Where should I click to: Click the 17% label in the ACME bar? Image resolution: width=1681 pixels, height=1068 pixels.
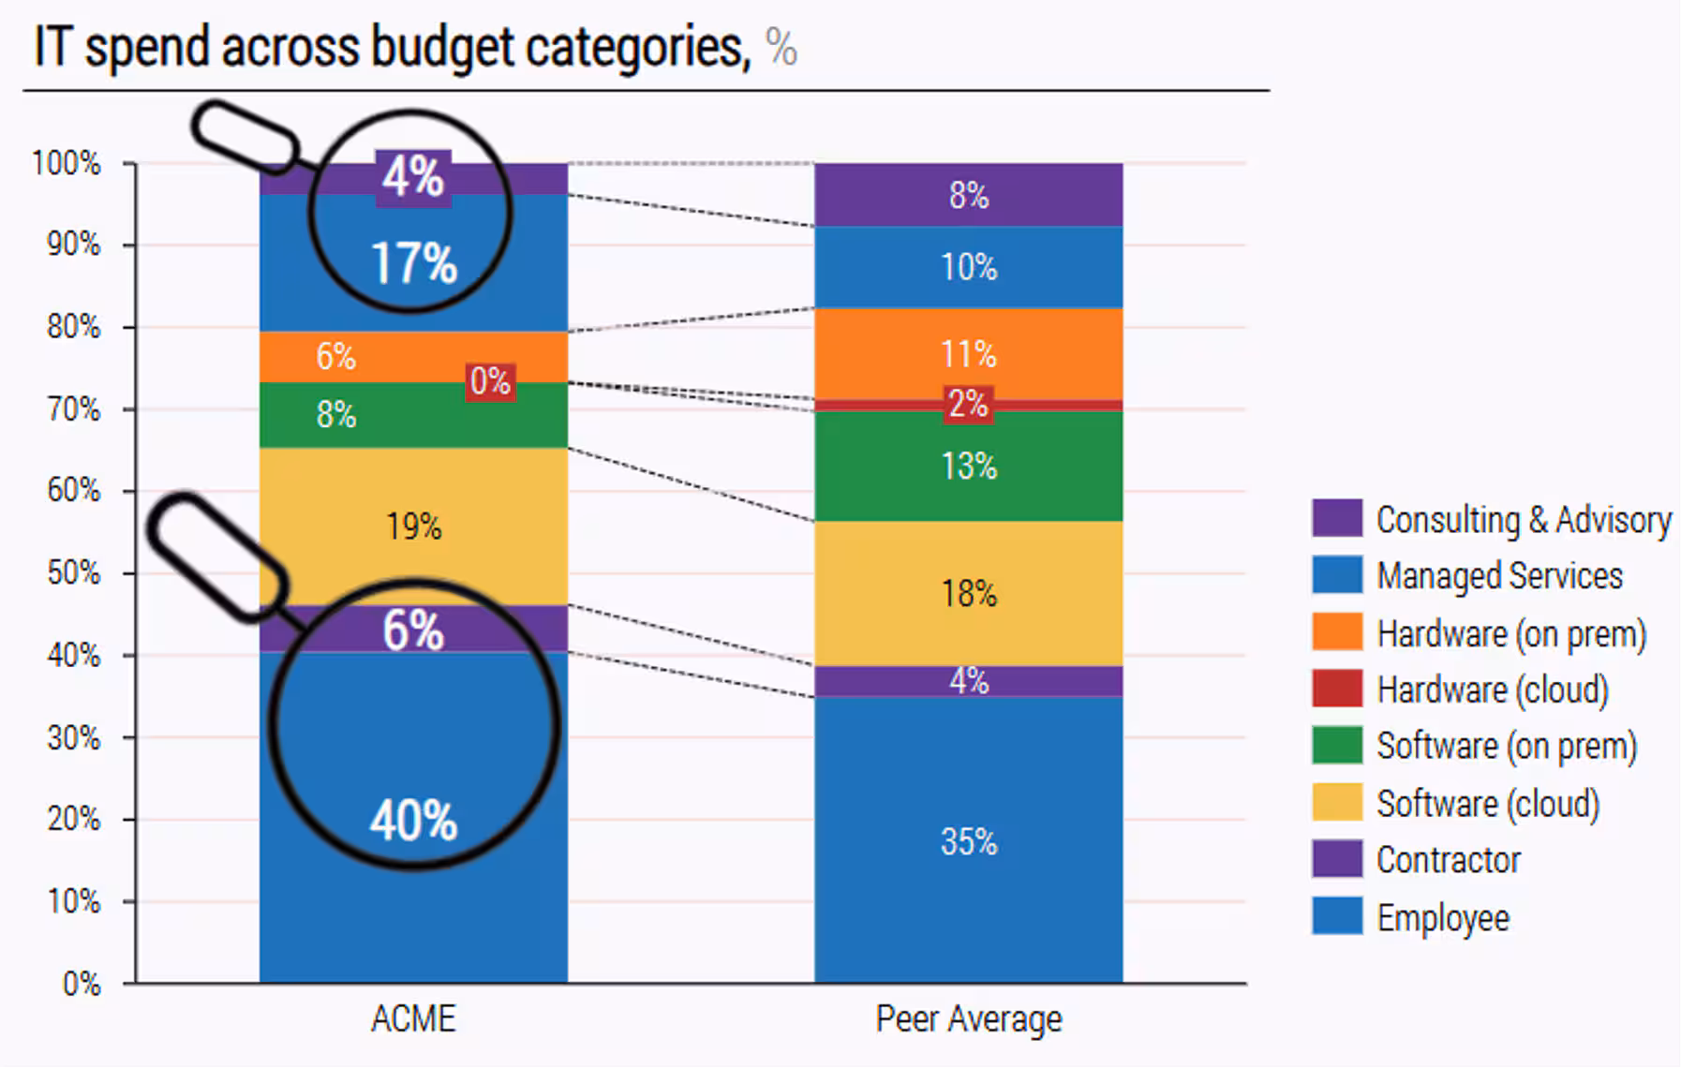coord(414,263)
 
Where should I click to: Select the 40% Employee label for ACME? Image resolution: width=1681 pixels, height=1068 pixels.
coord(413,821)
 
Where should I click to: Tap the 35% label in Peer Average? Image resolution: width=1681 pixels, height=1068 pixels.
coord(969,841)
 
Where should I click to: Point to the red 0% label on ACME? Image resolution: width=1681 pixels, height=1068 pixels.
coord(490,381)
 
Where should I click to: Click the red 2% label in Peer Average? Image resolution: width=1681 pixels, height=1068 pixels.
coord(968,405)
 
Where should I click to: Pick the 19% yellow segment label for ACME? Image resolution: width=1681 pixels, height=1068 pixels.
coord(413,527)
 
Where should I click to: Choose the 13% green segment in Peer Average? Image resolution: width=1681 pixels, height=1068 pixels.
coord(969,467)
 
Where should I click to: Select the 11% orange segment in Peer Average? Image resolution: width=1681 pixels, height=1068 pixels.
coord(969,354)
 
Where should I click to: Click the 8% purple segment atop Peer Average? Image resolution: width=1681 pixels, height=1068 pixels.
coord(969,195)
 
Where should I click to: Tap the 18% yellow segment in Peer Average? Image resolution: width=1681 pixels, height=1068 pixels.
coord(969,594)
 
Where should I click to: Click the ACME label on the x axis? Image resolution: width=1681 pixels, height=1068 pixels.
coord(413,1018)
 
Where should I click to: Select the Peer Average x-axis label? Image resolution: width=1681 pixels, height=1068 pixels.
coord(969,1018)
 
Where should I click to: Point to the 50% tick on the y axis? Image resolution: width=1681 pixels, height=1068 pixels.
coord(74,572)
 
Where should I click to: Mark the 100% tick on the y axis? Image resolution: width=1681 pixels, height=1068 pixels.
coord(67,163)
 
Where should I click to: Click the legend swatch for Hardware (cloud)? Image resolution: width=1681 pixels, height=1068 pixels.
coord(1337,689)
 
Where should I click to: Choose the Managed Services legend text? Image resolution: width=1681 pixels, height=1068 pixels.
coord(1499,575)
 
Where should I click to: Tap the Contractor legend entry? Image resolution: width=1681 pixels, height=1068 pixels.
coord(1448,859)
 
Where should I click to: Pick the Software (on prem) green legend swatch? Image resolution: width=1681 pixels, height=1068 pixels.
coord(1337,746)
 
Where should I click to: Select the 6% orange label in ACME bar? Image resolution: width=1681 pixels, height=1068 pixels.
coord(335,356)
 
